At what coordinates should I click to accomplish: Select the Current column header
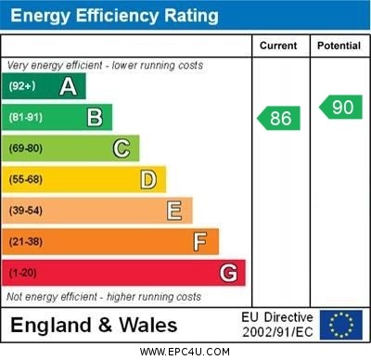click(278, 45)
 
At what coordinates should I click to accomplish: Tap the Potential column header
click(339, 45)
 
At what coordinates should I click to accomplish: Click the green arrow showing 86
click(279, 118)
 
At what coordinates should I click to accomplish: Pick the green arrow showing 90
click(340, 107)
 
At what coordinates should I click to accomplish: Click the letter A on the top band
click(68, 86)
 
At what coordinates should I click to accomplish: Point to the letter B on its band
click(95, 117)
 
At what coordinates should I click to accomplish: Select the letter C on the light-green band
click(122, 148)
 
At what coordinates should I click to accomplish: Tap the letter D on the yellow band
click(148, 179)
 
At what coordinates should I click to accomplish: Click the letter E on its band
click(174, 211)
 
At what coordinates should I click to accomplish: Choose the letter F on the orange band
click(200, 241)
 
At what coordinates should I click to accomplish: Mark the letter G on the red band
click(228, 273)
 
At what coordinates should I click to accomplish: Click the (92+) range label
click(22, 86)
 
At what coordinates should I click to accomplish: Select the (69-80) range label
click(26, 148)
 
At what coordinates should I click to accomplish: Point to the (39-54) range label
click(26, 211)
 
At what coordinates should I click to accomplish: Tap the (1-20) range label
click(23, 273)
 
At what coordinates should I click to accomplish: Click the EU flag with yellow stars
click(340, 325)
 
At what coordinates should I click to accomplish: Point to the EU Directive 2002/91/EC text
click(277, 325)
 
